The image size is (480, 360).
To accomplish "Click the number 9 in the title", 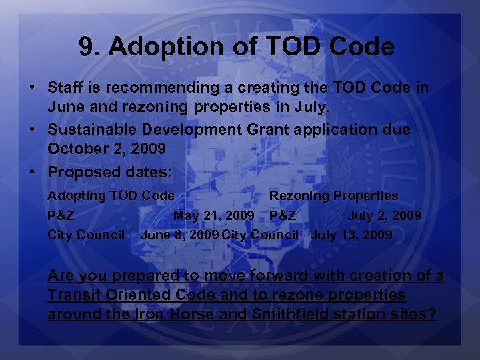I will [x=85, y=47].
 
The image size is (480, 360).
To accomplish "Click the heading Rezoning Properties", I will [x=333, y=195].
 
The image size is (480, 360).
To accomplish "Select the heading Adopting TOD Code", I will [x=111, y=195].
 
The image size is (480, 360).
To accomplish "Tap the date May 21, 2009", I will [x=213, y=215].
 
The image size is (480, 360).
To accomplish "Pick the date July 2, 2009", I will [x=384, y=215].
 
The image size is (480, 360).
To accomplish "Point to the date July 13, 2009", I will [x=351, y=235].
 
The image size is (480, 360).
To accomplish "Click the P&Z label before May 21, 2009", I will [x=61, y=215].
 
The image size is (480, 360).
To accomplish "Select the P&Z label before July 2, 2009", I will [x=283, y=215].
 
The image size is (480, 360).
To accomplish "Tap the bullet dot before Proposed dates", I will [x=32, y=172].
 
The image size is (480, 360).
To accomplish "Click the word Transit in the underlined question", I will [x=73, y=295].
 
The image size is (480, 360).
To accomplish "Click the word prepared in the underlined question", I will [x=147, y=275].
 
